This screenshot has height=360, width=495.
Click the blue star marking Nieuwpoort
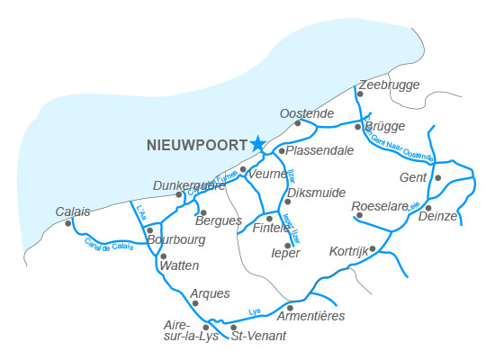click(x=257, y=143)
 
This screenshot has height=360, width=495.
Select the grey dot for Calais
click(x=68, y=223)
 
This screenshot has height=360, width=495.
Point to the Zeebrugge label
click(x=389, y=84)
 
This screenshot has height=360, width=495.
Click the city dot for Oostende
click(x=298, y=123)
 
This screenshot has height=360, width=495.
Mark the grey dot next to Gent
click(x=438, y=177)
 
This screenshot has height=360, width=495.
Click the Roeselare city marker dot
click(x=358, y=215)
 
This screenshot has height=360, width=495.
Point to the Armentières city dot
click(x=290, y=307)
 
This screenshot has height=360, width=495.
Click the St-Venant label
click(x=258, y=336)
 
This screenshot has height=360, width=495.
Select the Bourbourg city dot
click(x=149, y=230)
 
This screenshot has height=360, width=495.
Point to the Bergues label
click(x=220, y=220)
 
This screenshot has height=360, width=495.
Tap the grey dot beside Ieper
click(x=287, y=245)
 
